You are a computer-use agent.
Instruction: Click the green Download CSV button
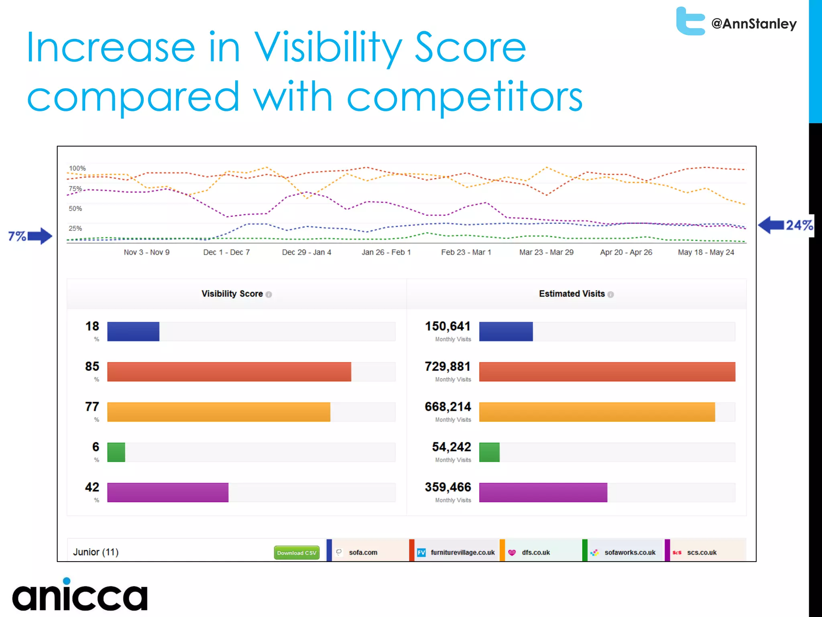[x=297, y=553]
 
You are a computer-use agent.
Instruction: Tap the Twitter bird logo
[x=690, y=21]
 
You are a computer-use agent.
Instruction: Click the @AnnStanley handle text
[x=754, y=24]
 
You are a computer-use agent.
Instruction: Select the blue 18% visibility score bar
[x=133, y=331]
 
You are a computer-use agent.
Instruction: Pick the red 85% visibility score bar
[x=229, y=372]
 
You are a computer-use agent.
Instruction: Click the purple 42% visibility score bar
[x=168, y=492]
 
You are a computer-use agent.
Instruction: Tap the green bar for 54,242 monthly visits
[x=489, y=452]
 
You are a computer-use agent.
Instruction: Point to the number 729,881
[x=448, y=366]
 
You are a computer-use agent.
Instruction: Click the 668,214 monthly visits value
[x=448, y=407]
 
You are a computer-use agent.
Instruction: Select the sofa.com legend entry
[x=363, y=552]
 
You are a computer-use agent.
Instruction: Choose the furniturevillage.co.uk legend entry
[x=462, y=552]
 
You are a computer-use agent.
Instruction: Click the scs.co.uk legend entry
[x=701, y=552]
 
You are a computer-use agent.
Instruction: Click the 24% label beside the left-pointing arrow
[x=799, y=225]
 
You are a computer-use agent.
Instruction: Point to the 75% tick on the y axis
[x=75, y=188]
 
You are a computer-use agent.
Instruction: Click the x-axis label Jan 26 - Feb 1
[x=386, y=252]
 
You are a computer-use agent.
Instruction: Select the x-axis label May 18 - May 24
[x=706, y=252]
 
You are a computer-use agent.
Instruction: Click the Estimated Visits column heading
[x=572, y=294]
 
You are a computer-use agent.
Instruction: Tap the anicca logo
[x=80, y=595]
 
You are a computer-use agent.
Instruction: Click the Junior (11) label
[x=96, y=552]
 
